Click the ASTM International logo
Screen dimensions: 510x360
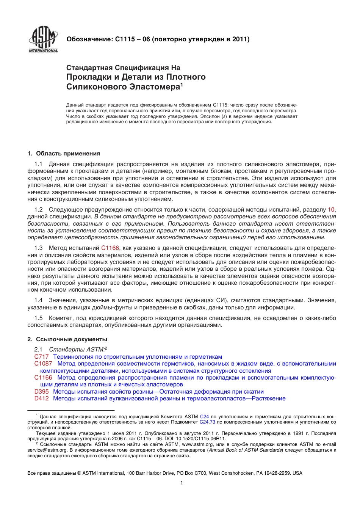coord(43,40)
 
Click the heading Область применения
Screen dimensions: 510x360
coord(68,154)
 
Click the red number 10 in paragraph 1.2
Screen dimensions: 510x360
coord(331,210)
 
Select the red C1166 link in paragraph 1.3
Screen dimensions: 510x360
coord(110,248)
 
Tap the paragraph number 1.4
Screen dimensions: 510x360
coord(38,300)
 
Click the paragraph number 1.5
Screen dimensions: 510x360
coord(38,318)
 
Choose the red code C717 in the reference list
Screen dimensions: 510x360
coord(41,357)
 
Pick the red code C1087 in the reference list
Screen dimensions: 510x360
coord(43,364)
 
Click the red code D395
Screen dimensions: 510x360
coord(41,392)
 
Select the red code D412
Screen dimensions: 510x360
coord(41,399)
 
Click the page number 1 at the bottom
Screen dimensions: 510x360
coord(182,483)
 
